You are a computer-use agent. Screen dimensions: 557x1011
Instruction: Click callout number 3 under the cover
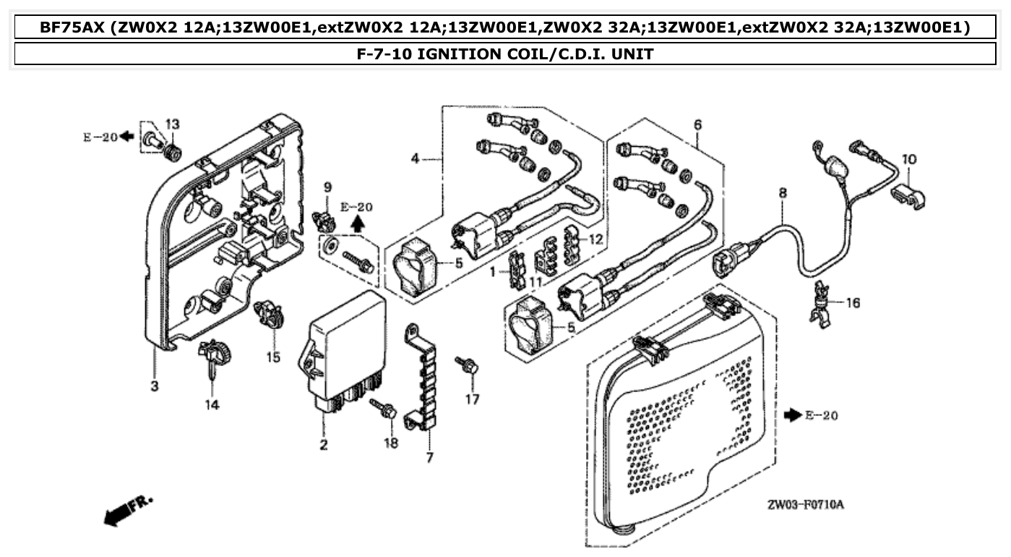[155, 386]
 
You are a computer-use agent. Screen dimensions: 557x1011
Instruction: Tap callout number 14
[210, 405]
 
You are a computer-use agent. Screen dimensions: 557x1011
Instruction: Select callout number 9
[327, 188]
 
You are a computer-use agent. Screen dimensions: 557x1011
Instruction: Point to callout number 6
[697, 125]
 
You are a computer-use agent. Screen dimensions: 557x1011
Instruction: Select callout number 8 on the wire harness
[782, 194]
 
